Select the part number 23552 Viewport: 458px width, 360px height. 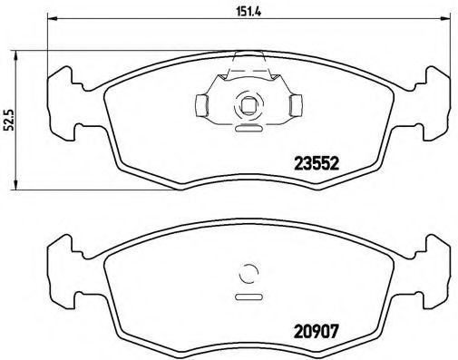(x=315, y=164)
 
